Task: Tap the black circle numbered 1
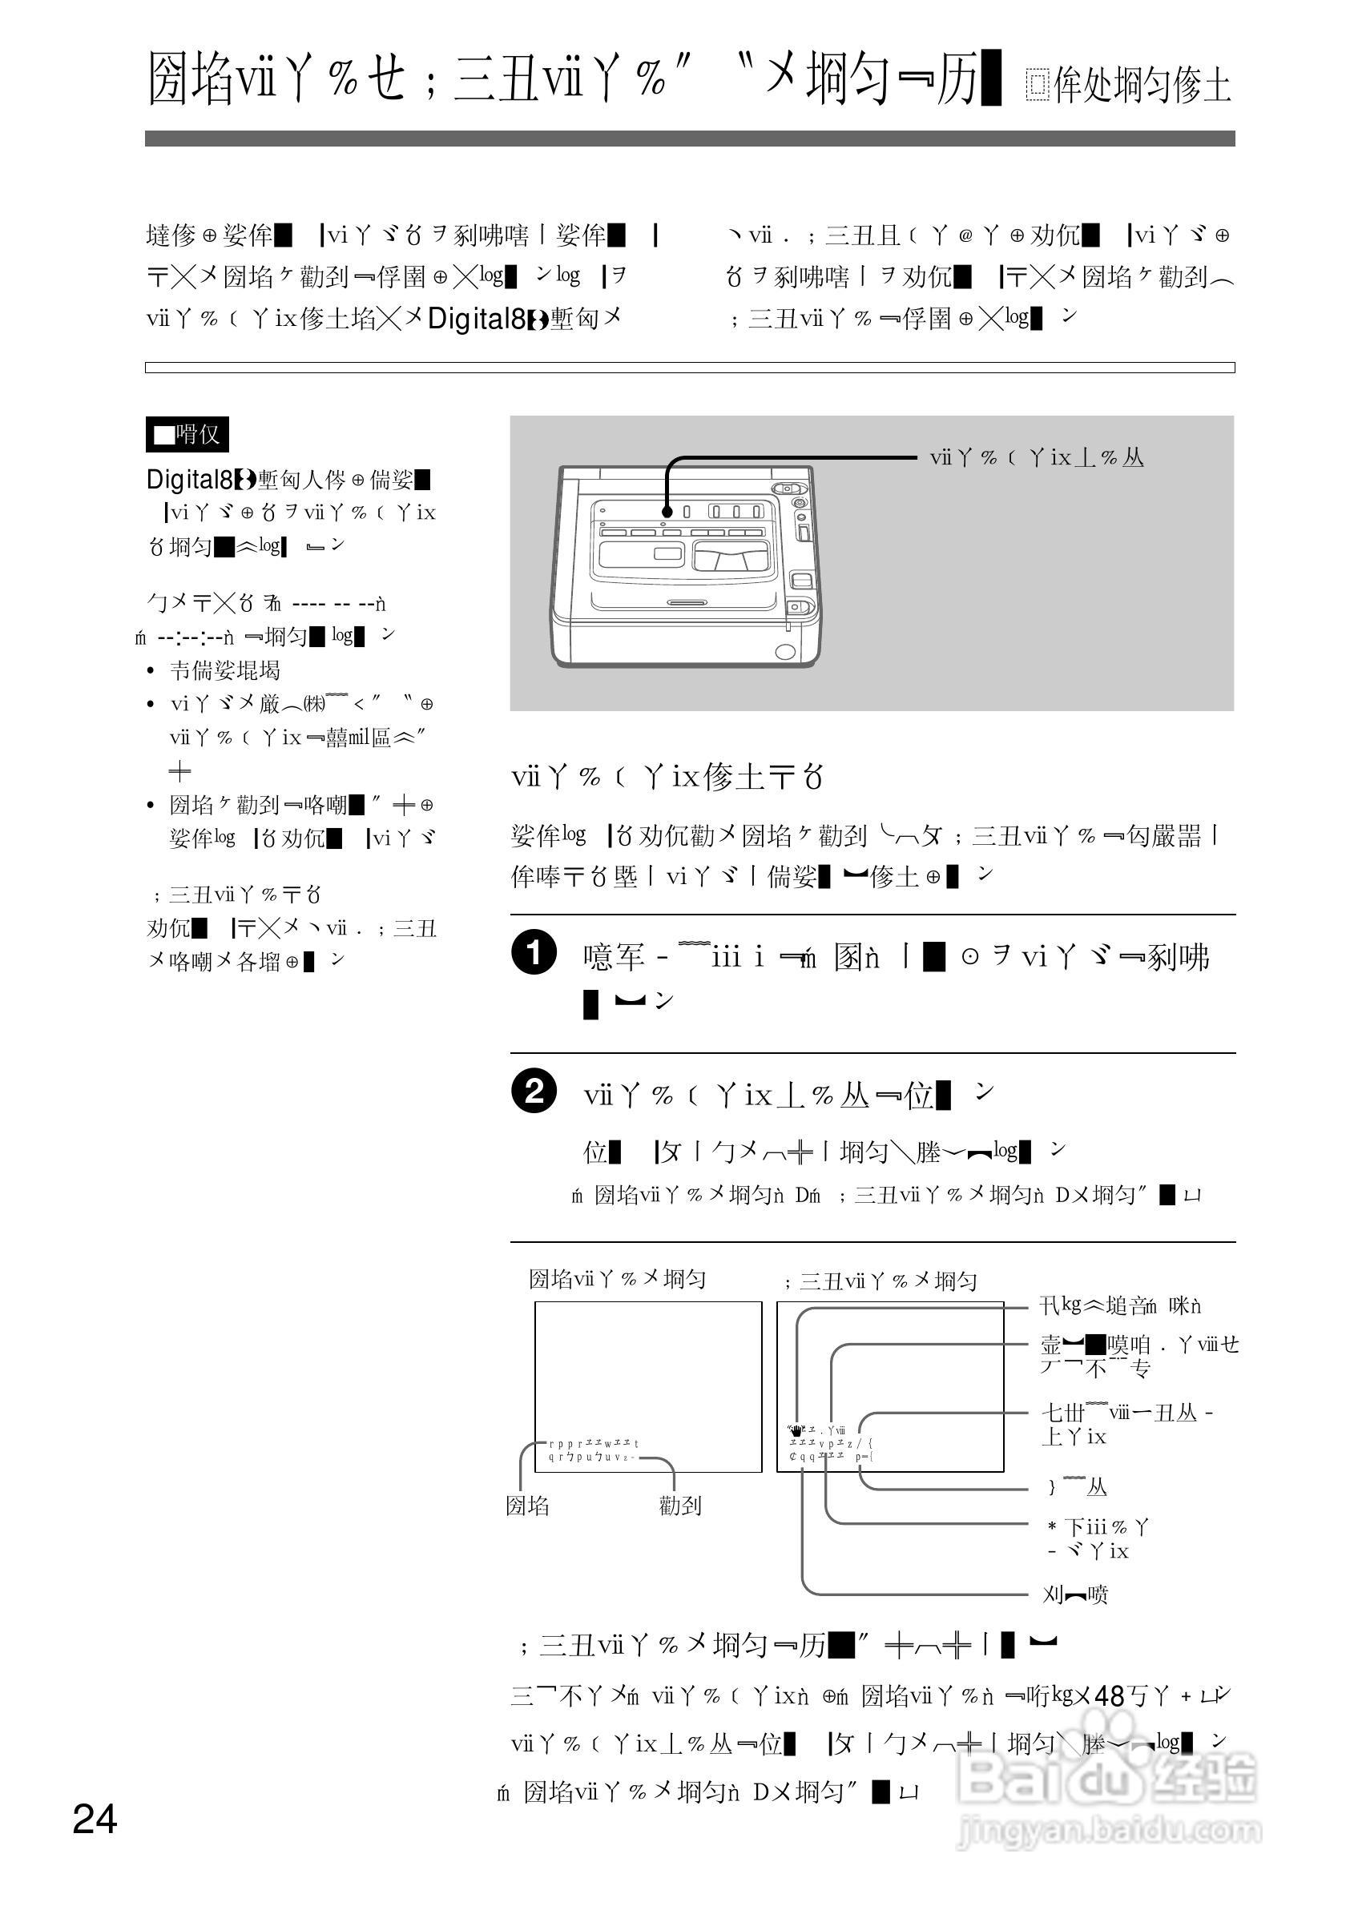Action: click(x=533, y=952)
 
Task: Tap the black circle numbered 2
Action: click(x=533, y=1090)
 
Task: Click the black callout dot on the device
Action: click(x=667, y=513)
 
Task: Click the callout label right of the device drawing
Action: click(x=1036, y=457)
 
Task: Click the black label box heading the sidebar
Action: click(x=187, y=434)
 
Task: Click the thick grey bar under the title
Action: click(x=689, y=139)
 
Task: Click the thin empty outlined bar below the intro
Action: click(x=689, y=367)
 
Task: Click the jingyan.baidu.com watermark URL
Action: click(x=1109, y=1831)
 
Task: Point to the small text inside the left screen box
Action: click(x=593, y=1450)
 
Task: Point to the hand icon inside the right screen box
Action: click(x=796, y=1429)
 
